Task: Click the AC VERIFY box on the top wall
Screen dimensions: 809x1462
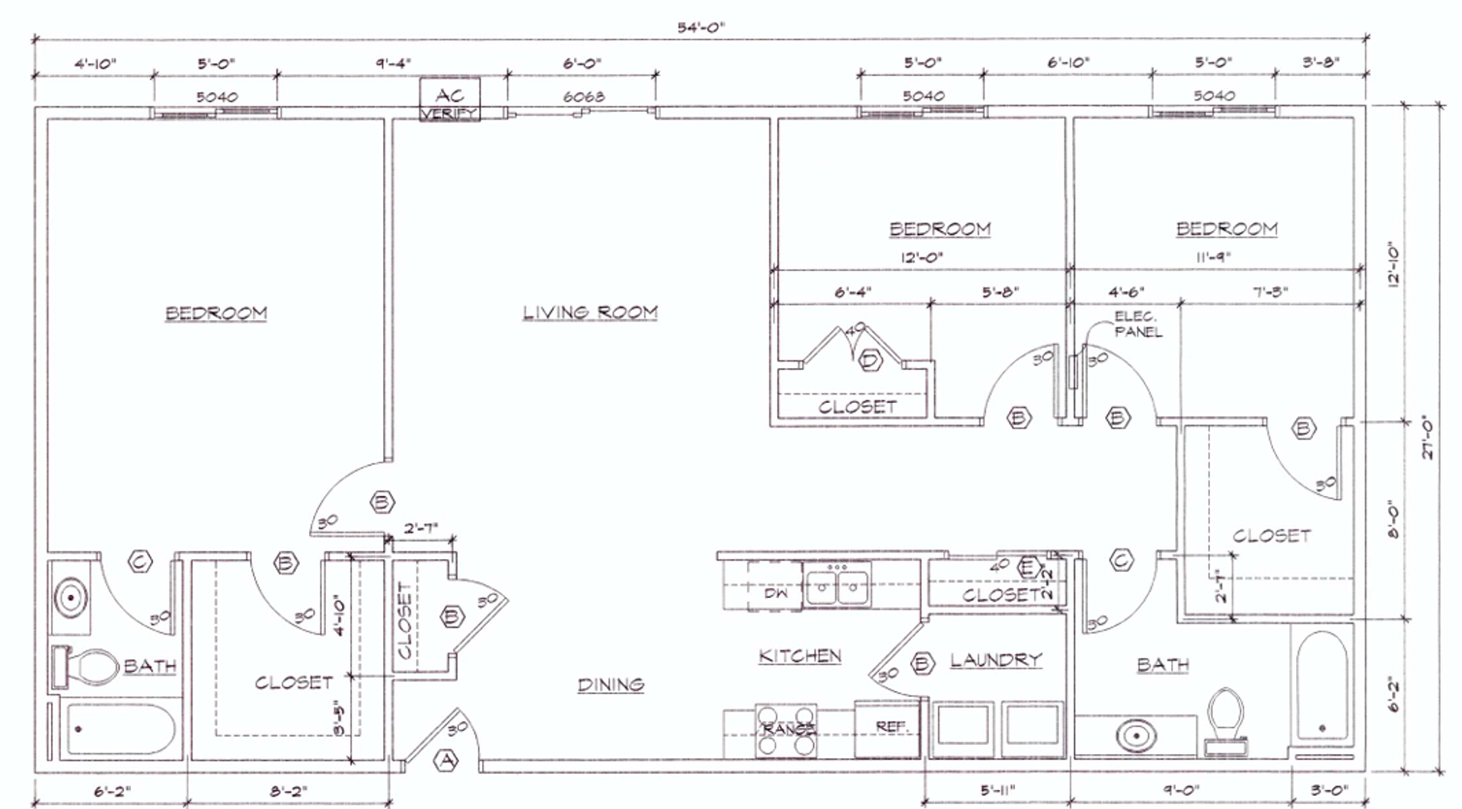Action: [x=450, y=101]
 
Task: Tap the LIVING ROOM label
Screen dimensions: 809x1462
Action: [x=590, y=312]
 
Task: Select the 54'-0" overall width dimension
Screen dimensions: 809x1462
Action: [x=701, y=27]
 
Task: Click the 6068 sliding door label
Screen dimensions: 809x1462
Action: [x=583, y=97]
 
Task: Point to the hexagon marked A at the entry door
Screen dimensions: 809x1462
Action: [x=446, y=759]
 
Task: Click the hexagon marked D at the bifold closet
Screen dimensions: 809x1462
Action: [x=870, y=360]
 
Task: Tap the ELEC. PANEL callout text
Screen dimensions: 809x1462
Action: [x=1138, y=324]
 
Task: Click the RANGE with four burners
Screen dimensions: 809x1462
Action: [x=786, y=730]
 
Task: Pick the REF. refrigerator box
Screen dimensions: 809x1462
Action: [x=888, y=728]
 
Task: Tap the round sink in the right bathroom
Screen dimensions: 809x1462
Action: [x=1136, y=736]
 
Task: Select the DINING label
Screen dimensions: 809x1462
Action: [x=611, y=685]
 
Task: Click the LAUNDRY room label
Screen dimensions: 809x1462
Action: [x=995, y=660]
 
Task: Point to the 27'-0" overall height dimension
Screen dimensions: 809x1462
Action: [x=1428, y=436]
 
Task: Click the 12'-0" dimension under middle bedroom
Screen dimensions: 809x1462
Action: [x=922, y=257]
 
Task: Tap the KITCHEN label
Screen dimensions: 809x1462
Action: [x=800, y=656]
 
